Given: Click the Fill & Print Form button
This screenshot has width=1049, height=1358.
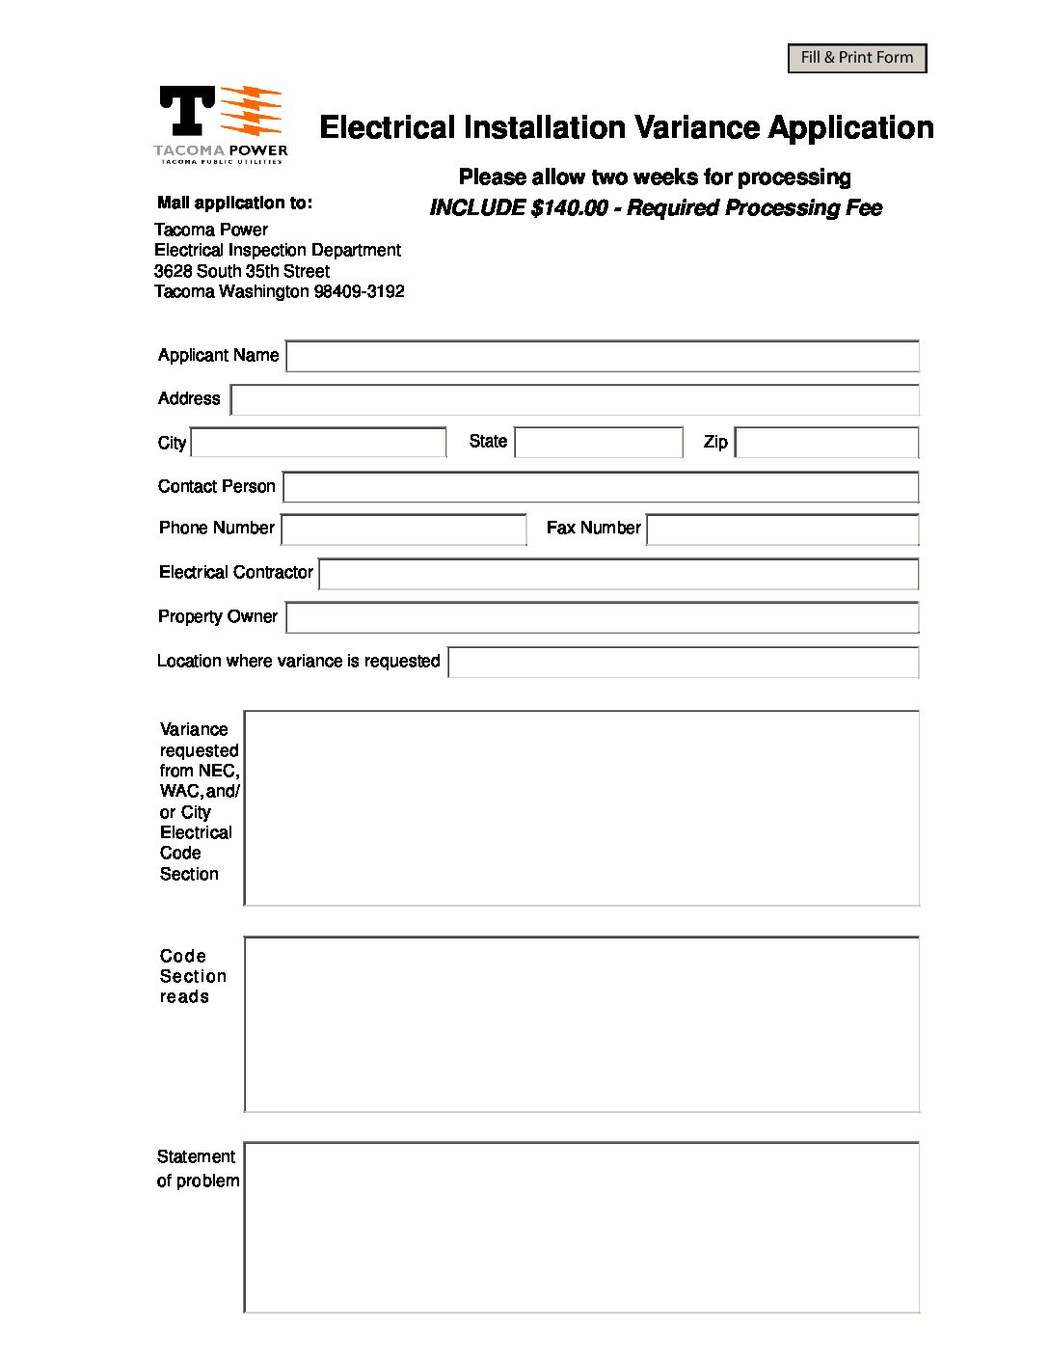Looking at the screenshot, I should (x=856, y=58).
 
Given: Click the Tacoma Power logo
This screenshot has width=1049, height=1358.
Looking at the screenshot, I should (x=221, y=124).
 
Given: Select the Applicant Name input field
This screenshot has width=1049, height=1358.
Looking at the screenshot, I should (x=602, y=356).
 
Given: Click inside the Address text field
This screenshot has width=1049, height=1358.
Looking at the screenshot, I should (x=575, y=399).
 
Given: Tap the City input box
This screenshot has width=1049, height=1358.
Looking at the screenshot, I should (x=318, y=443).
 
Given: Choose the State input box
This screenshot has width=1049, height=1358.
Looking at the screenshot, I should (x=599, y=443).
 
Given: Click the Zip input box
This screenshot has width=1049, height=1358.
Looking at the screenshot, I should (x=826, y=443).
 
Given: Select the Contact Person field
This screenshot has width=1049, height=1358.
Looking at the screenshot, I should (x=600, y=487).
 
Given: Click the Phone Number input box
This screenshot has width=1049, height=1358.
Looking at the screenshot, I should (x=403, y=530).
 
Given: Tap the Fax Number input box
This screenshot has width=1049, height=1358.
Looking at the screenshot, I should (x=782, y=530).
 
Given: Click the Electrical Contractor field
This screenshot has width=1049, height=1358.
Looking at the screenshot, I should (x=618, y=574).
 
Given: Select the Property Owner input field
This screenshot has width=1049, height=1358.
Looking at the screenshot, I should (x=602, y=617).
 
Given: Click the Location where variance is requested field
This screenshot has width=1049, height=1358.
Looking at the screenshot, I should (x=683, y=663).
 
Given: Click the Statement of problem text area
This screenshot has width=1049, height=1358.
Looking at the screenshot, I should (x=581, y=1227).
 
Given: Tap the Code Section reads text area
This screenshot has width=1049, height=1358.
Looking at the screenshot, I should (x=581, y=1023).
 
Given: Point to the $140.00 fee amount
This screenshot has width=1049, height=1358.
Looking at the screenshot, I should (x=569, y=208).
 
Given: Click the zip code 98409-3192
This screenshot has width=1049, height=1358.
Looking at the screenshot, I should (x=359, y=291).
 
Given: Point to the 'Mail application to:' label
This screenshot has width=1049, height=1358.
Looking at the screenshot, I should (x=234, y=203).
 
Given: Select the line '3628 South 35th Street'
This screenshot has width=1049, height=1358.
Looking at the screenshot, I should (x=242, y=271).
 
